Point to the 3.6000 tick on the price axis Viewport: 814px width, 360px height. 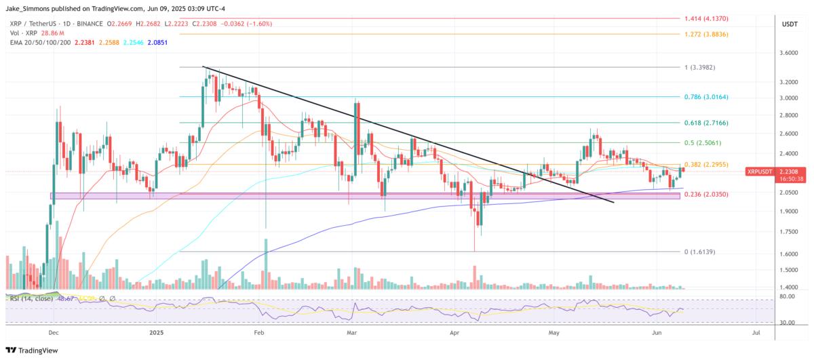(790, 53)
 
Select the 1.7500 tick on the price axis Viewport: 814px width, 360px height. (790, 232)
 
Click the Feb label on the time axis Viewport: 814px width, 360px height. (258, 333)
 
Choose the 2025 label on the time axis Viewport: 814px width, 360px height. (157, 333)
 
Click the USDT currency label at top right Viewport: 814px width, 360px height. (790, 24)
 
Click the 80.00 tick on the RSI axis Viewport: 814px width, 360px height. (787, 296)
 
